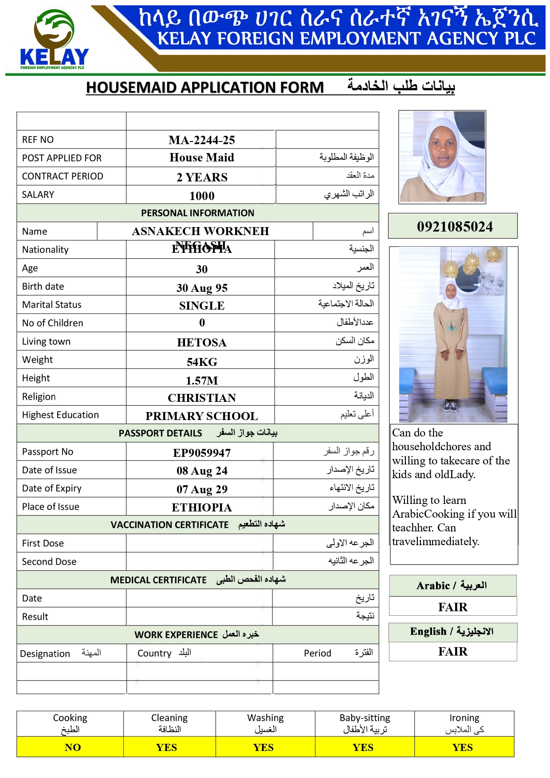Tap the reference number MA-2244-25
(202, 140)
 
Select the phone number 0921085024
(455, 227)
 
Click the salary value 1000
(202, 196)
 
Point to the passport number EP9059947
(202, 453)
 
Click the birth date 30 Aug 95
(202, 288)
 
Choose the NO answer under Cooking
(73, 747)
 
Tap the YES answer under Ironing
(463, 747)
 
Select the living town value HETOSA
(202, 342)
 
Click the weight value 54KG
(202, 362)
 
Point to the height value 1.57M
(202, 381)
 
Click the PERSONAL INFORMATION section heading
(198, 213)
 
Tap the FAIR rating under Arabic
(453, 607)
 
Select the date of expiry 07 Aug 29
(202, 489)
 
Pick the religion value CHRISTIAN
(202, 398)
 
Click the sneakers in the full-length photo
(450, 405)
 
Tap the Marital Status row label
(52, 305)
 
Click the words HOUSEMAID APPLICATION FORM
(205, 87)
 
